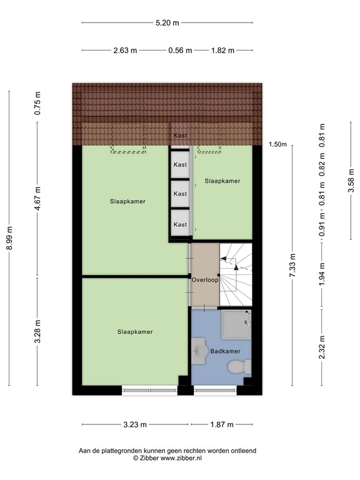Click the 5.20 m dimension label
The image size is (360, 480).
coord(167,23)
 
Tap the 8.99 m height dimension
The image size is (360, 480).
coord(9,238)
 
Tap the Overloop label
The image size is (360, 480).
coord(205,280)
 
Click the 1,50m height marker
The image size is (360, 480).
coord(277,144)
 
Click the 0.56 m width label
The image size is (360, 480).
coord(179,51)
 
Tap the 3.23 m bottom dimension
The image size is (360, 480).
coord(134,425)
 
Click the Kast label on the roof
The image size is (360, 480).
coord(180,135)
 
